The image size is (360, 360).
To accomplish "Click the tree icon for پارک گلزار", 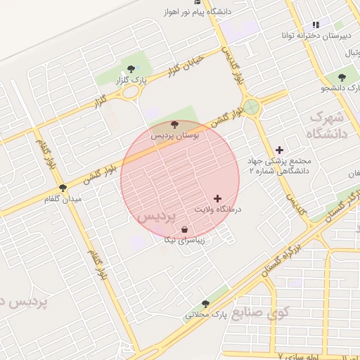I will tap(130, 68).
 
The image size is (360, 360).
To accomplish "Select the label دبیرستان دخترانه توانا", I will tap(316, 34).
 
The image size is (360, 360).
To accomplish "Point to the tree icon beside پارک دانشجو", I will tap(342, 77).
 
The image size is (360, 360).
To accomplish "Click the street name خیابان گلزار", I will tap(185, 65).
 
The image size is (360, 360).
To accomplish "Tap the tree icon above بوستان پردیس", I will tap(175, 124).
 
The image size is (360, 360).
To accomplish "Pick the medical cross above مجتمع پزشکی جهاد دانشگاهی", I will tap(279, 150).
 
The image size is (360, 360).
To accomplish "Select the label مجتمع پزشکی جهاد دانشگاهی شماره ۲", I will tap(279, 165).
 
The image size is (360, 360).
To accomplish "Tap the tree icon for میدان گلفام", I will tap(63, 188).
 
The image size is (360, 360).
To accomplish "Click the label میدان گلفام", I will tap(63, 199).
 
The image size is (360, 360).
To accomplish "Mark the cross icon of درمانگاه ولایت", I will tap(217, 199).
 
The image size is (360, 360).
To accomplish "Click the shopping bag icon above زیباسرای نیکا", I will tap(184, 229).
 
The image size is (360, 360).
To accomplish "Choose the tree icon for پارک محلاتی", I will tap(205, 304).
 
